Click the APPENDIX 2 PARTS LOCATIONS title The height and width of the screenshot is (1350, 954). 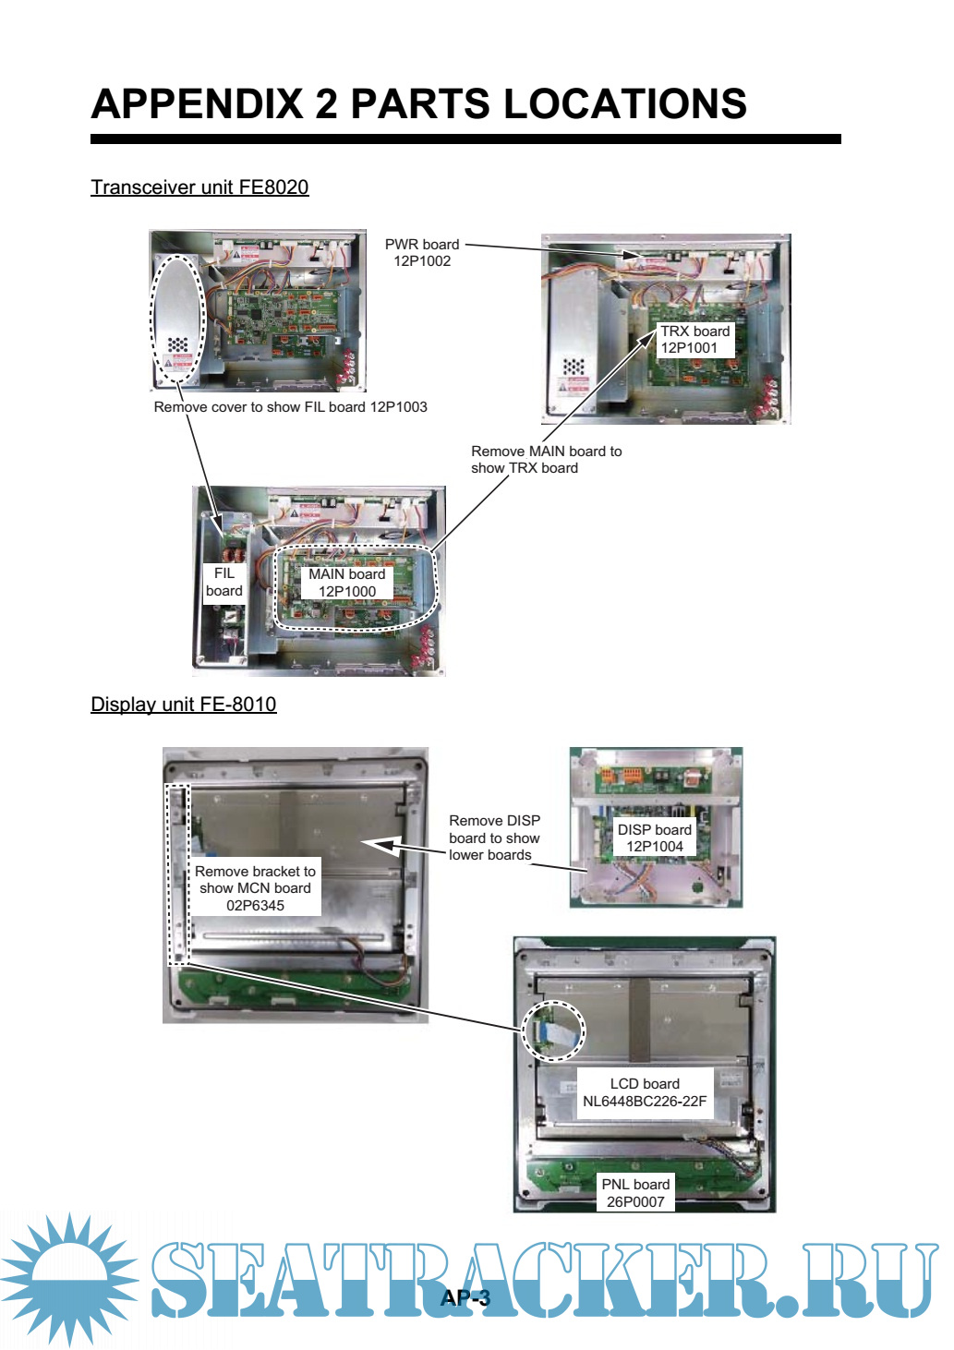419,103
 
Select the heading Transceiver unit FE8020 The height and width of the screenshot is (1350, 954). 199,187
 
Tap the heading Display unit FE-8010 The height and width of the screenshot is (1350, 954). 184,704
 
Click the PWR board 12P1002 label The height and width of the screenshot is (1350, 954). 422,252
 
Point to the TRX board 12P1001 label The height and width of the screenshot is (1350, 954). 694,339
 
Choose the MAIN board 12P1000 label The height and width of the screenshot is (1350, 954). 347,583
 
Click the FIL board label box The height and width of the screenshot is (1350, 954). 224,582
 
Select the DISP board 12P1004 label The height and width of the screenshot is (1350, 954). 655,838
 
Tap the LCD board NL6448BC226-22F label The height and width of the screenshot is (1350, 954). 645,1092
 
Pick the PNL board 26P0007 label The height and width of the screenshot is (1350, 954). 635,1193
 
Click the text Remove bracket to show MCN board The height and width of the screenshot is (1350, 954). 255,879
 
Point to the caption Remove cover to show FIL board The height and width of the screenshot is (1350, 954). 261,407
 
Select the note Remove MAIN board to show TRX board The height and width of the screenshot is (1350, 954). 546,459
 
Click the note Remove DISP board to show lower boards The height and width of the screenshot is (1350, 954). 494,838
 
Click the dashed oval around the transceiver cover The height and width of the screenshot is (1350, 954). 178,320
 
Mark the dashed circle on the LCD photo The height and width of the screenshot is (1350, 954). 553,1031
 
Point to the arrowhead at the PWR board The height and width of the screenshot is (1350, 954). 631,255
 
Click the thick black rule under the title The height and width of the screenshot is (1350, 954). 465,139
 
